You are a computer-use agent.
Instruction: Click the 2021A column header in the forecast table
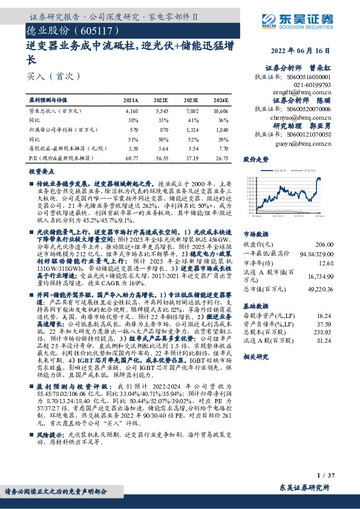point(131,100)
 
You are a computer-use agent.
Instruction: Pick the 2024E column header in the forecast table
point(221,100)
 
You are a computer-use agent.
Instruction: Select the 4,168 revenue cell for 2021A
point(131,111)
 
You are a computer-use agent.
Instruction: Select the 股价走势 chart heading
point(256,160)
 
